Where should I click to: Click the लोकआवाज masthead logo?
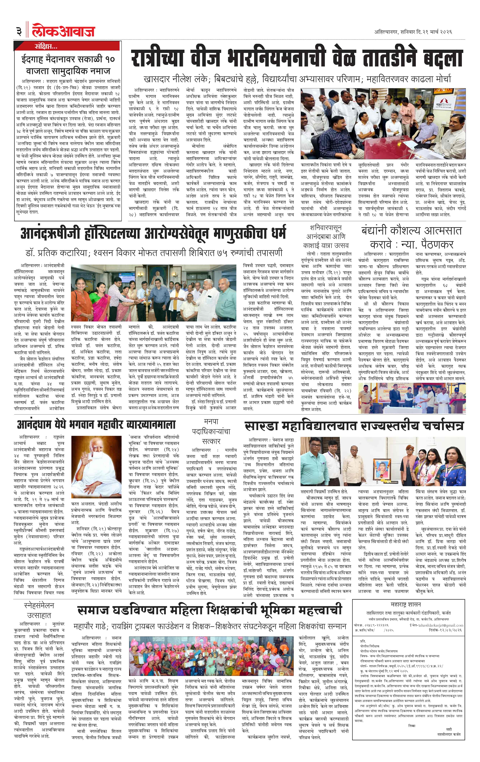pos(63,31)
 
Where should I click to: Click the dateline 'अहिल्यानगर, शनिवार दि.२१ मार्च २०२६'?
pos(413,32)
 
